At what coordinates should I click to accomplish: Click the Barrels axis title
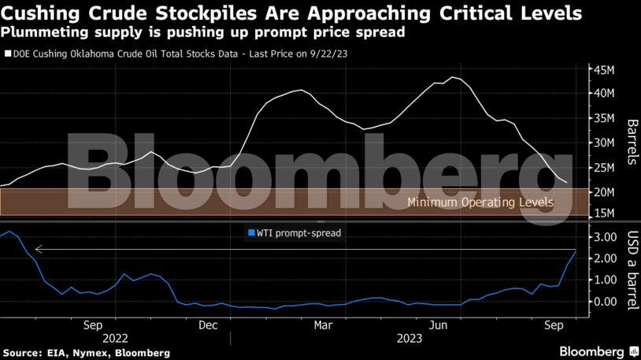click(631, 143)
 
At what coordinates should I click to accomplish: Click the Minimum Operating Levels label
click(480, 202)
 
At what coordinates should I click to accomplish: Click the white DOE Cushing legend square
click(7, 54)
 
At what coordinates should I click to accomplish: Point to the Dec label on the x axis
click(208, 324)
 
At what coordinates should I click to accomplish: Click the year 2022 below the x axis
click(115, 337)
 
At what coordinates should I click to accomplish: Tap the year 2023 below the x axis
click(409, 337)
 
